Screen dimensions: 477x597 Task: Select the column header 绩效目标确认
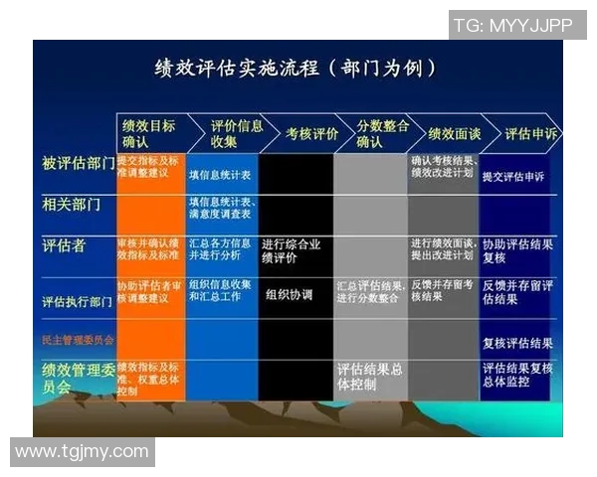tap(148, 134)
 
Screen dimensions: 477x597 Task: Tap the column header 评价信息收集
tap(224, 134)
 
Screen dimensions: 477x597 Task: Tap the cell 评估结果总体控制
tap(370, 375)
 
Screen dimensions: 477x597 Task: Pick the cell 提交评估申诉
tap(513, 177)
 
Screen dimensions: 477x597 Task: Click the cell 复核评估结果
tap(517, 344)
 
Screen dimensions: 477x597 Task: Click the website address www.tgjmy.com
tap(82, 452)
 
